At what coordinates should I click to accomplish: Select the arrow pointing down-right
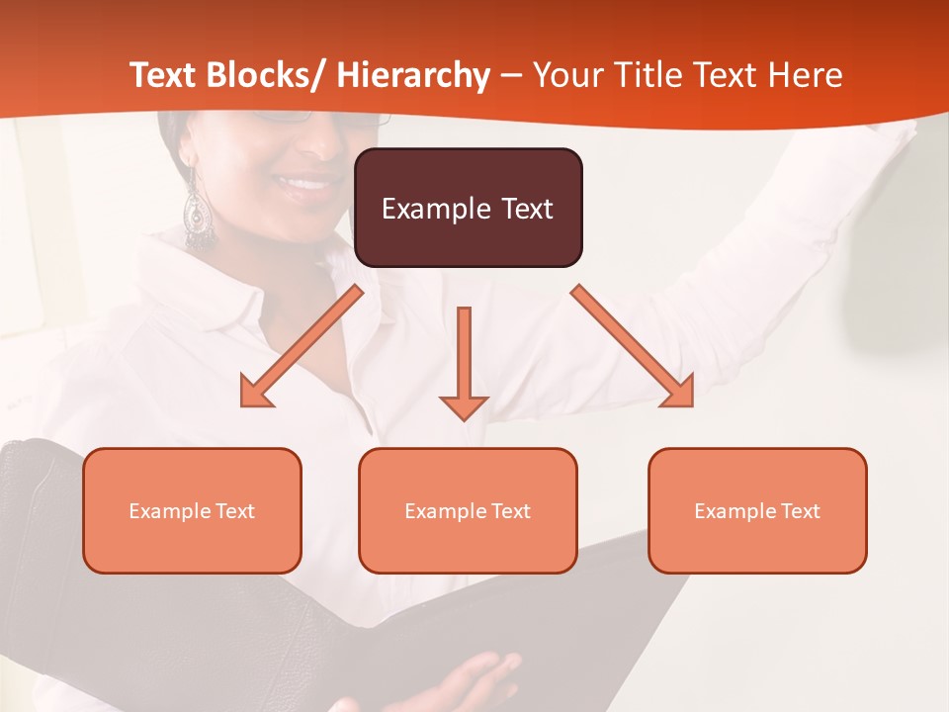634,347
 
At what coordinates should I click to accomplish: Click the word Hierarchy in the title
413,76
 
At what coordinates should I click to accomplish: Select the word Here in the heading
805,75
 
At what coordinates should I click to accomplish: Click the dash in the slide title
511,76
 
